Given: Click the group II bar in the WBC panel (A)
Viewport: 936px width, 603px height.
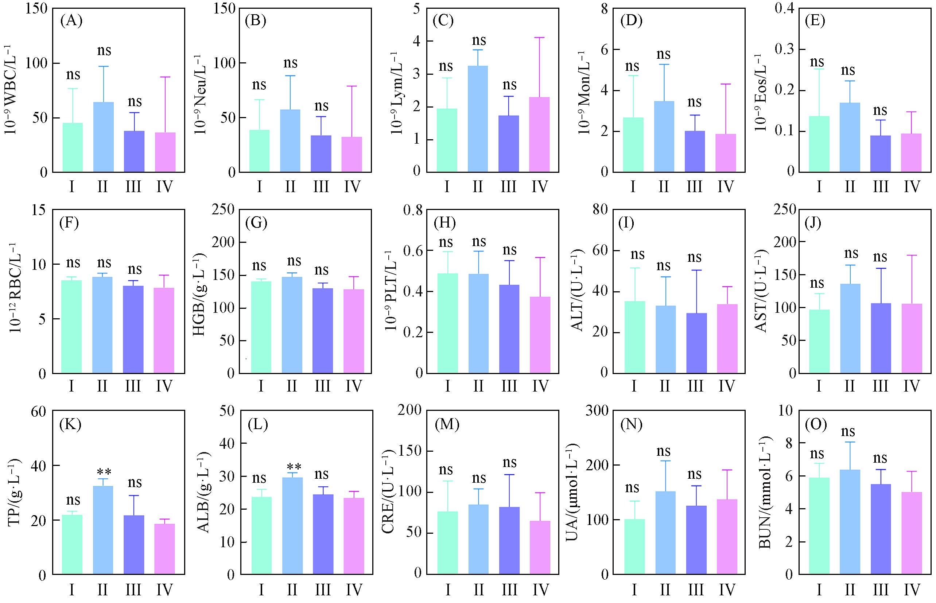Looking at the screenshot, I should pos(104,137).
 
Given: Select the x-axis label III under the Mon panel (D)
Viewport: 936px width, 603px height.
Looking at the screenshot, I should pos(694,187).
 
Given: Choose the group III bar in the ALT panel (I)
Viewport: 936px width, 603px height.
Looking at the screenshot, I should pos(696,343).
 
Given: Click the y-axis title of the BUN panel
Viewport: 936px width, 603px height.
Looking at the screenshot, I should pos(765,492).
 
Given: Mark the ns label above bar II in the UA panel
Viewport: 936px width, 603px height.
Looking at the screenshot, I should pos(663,451).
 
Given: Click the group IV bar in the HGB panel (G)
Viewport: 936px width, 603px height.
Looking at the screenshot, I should pos(354,331).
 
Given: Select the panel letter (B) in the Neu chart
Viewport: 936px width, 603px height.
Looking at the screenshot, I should pos(255,21).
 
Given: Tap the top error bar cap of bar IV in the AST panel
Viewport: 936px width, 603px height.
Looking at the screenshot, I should pos(912,255).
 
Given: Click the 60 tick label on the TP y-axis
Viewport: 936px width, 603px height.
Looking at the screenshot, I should pos(38,411).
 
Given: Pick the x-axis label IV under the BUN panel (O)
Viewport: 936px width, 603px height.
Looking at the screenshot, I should pos(912,589).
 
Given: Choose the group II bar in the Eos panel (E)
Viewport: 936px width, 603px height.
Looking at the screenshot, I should pos(850,137).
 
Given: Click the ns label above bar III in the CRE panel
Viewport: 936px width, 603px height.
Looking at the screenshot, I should pos(509,463).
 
